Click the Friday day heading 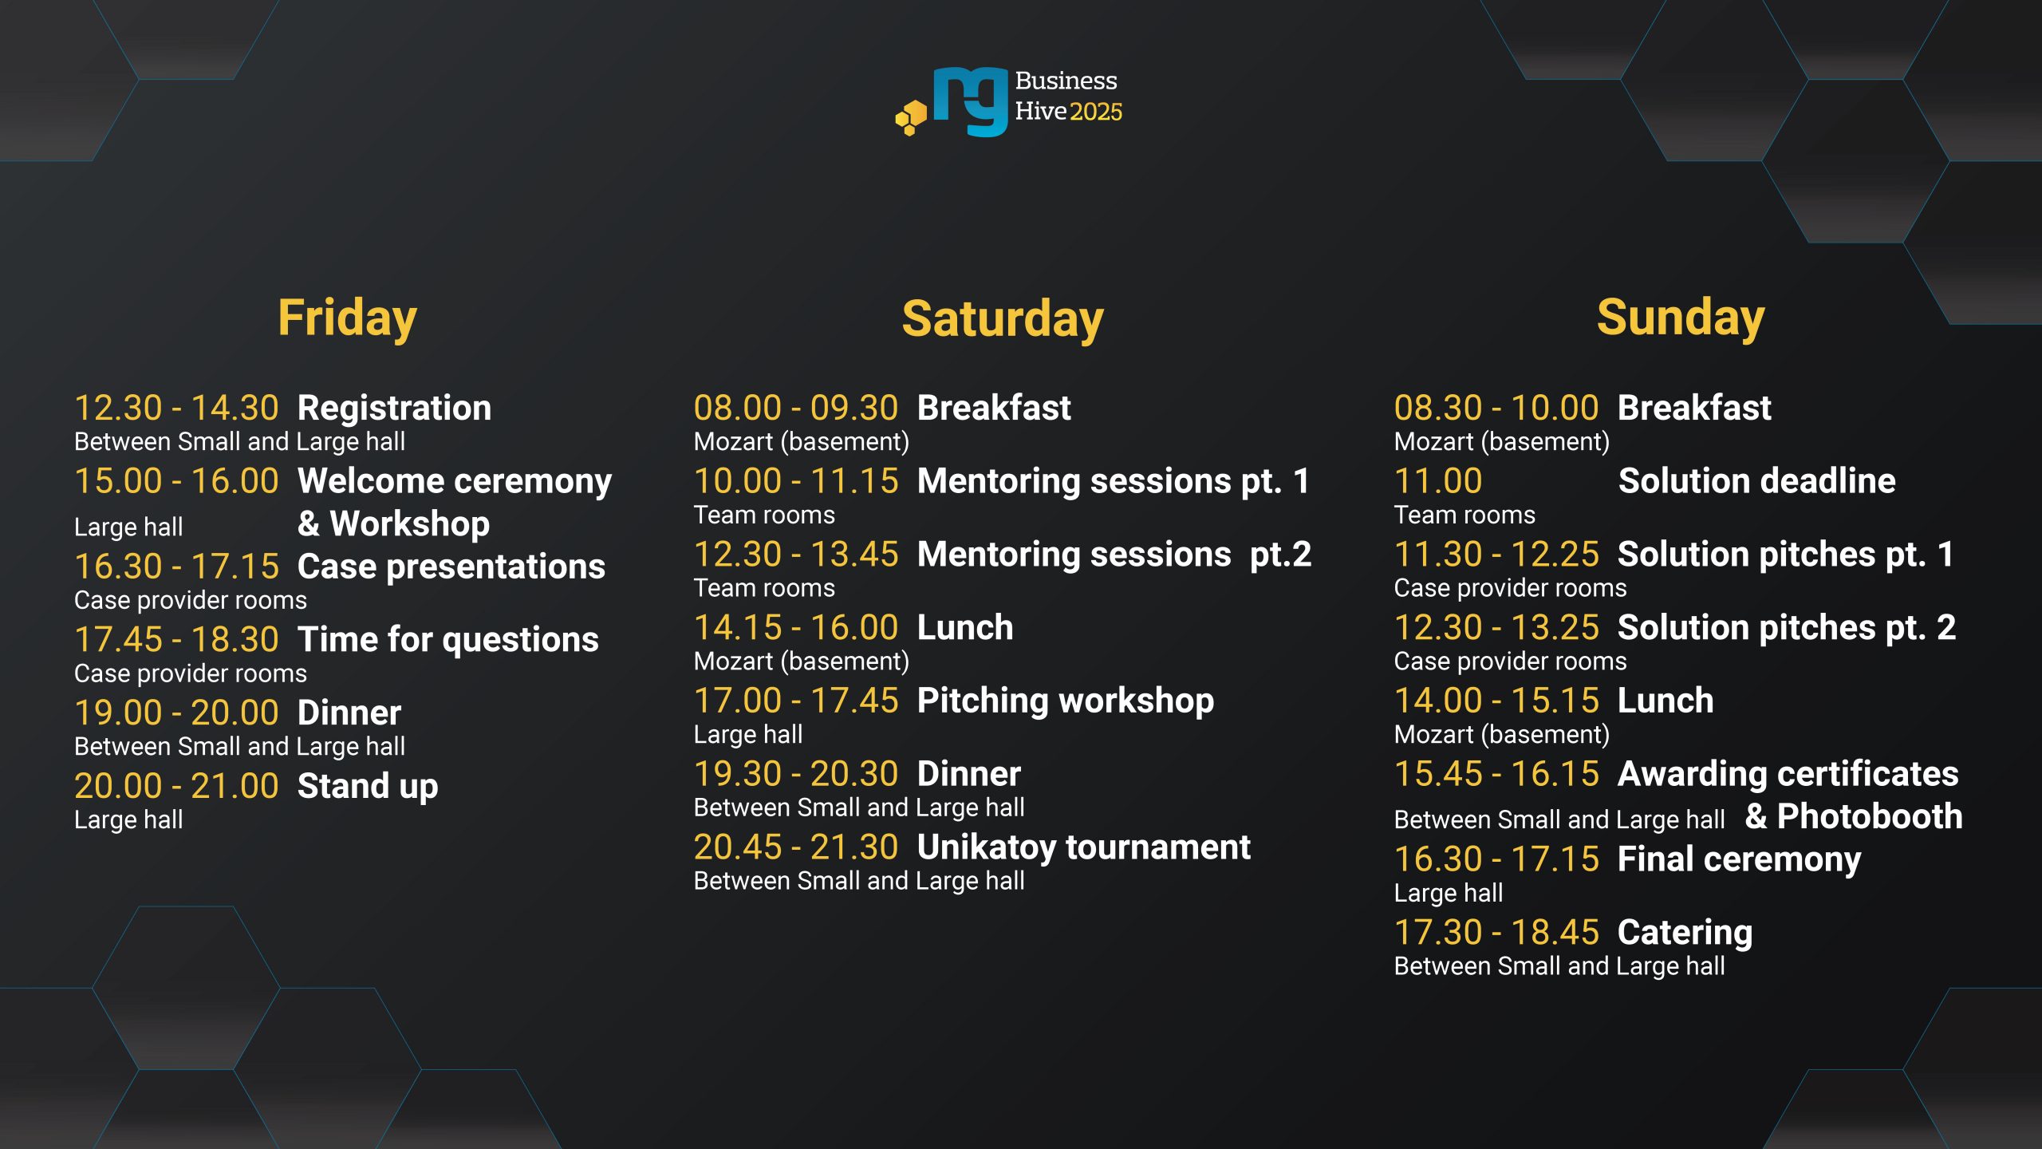(347, 319)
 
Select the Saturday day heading (1003, 319)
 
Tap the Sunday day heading (1681, 318)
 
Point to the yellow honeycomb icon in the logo (911, 117)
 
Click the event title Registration (394, 409)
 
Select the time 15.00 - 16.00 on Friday (176, 481)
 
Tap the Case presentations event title (451, 567)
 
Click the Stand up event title (368, 787)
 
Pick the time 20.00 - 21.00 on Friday (176, 786)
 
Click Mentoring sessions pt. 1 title (1114, 481)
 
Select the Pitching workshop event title (1066, 701)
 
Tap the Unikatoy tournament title (1084, 847)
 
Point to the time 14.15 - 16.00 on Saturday (796, 628)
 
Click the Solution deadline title (1756, 481)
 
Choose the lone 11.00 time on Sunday (1438, 481)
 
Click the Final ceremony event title (1739, 860)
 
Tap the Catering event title (1685, 934)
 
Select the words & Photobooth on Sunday (1854, 817)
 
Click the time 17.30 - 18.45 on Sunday (1496, 933)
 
